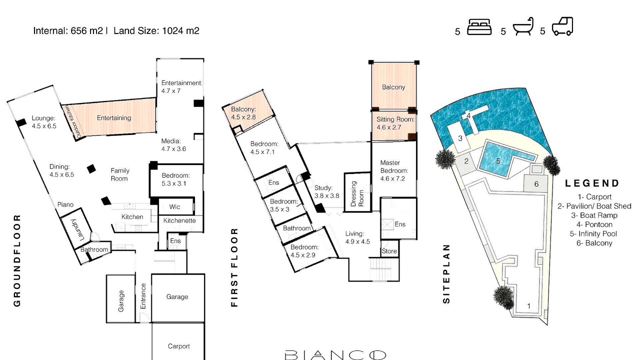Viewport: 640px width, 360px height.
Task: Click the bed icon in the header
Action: [479, 27]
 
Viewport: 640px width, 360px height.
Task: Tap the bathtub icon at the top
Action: [523, 26]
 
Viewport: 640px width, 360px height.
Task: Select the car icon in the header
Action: [562, 26]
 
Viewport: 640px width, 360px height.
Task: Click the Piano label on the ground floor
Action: [65, 204]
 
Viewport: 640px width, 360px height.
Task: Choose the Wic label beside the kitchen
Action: [174, 206]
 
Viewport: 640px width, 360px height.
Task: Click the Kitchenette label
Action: [179, 220]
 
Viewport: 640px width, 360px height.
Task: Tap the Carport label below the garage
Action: [178, 346]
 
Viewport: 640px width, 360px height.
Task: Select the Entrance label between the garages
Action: [143, 296]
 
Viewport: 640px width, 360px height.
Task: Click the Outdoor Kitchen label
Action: [72, 121]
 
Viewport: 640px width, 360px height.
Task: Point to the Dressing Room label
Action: [357, 193]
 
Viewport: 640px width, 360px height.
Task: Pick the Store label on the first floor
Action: [389, 251]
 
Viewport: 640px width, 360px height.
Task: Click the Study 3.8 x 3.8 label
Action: [327, 191]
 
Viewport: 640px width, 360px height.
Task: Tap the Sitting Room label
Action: [395, 119]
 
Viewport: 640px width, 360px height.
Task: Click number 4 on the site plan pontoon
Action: [468, 115]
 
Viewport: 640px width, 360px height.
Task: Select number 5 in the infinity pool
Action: [498, 161]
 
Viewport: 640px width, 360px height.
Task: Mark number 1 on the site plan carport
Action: [528, 306]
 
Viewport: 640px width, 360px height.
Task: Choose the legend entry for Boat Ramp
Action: [594, 215]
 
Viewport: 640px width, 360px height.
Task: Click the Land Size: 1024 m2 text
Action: [156, 30]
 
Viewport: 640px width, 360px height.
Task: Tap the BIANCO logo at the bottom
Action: [335, 355]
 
